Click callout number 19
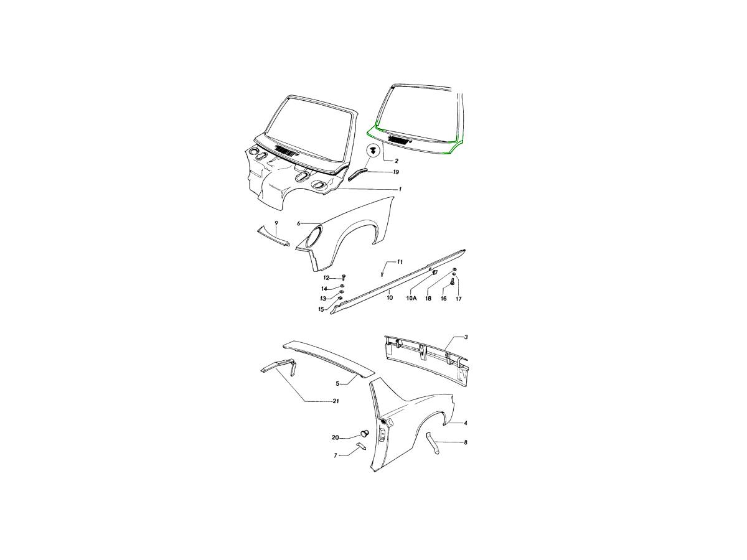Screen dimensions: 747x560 coord(396,172)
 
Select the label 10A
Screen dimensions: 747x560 coord(411,298)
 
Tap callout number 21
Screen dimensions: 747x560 coord(336,401)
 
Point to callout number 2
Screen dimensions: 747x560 coord(396,161)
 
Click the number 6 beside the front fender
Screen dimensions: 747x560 coord(298,223)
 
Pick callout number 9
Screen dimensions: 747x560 coord(276,223)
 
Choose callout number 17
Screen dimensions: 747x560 coord(458,299)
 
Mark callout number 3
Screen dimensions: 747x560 coord(466,337)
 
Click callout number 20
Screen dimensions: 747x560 coord(335,437)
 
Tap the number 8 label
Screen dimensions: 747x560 coord(466,442)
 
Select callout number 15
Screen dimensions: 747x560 coord(321,309)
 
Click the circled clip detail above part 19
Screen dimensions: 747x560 coord(374,151)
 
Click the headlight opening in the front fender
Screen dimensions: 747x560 coord(312,238)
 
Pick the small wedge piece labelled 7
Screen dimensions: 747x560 coord(362,446)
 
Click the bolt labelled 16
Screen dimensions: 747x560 coord(453,281)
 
